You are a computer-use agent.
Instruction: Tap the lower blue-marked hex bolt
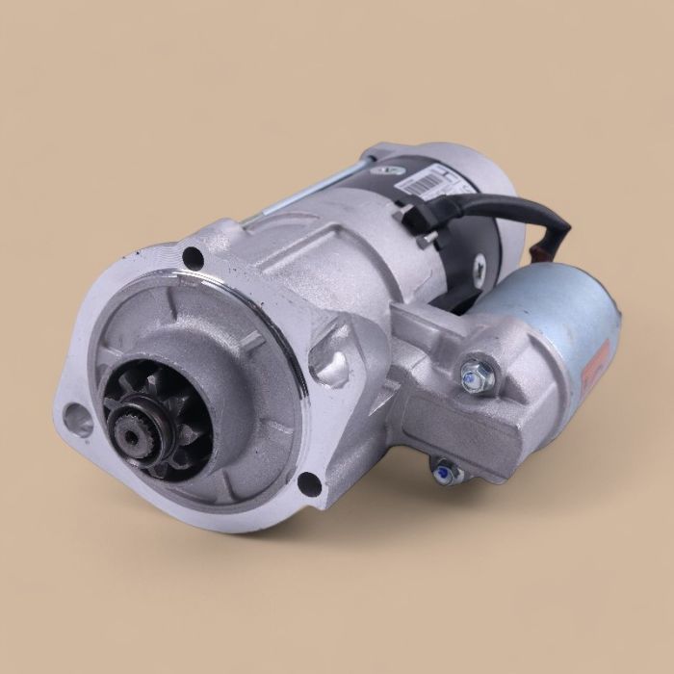(444, 472)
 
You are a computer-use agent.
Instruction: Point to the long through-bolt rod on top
(289, 197)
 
